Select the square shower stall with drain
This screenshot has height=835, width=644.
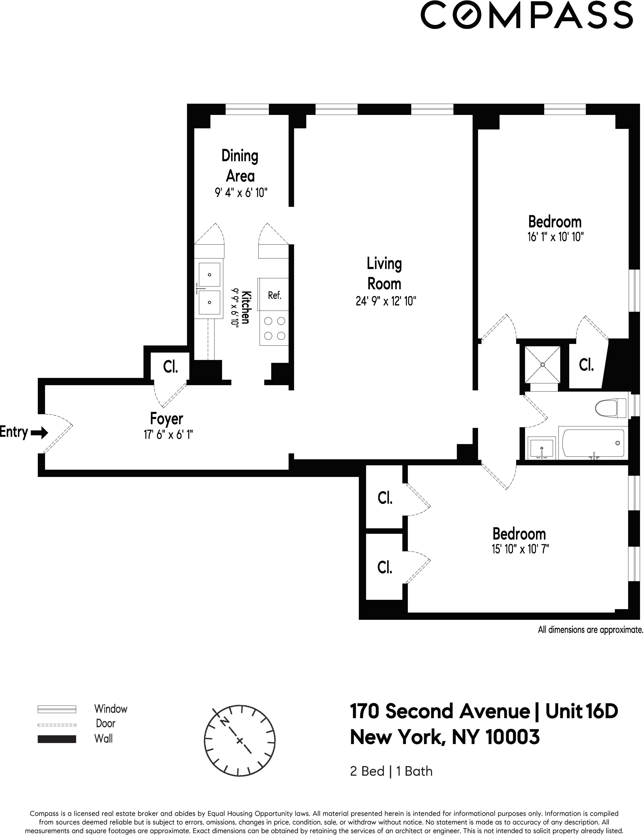pyautogui.click(x=542, y=364)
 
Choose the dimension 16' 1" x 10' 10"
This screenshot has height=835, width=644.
pyautogui.click(x=555, y=237)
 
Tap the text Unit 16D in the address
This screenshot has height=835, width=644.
pyautogui.click(x=581, y=711)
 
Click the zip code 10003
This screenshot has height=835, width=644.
pyautogui.click(x=513, y=737)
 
